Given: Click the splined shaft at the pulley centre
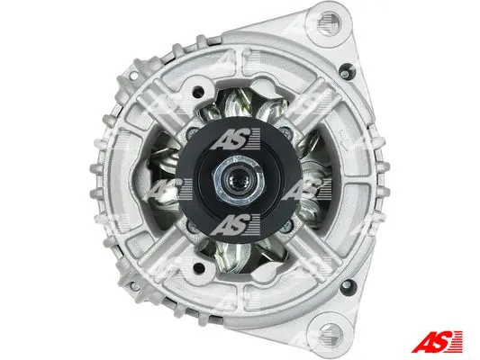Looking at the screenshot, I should pos(239,184).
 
